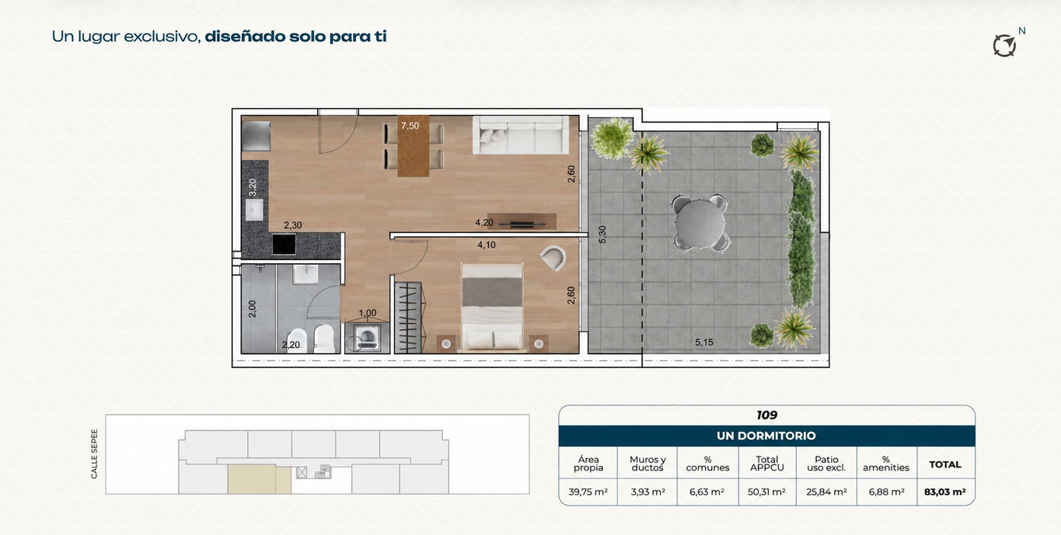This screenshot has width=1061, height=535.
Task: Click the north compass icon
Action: click(1004, 46)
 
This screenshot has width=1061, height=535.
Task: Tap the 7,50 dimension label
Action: click(410, 126)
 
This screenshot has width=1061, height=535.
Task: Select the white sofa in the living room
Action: click(521, 135)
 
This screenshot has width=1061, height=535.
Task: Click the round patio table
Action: click(700, 223)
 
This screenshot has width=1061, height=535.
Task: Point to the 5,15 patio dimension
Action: click(704, 342)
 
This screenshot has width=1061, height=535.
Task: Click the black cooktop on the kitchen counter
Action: click(284, 244)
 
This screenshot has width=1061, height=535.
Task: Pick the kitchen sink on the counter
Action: click(254, 210)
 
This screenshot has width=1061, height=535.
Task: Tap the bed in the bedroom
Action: click(492, 308)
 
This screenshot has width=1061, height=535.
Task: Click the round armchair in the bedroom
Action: click(553, 258)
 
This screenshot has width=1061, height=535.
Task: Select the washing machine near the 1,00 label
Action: click(367, 337)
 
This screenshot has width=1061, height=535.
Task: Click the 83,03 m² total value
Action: click(945, 492)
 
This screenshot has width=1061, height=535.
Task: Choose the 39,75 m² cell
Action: click(588, 492)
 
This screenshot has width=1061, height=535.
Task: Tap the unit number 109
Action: click(766, 415)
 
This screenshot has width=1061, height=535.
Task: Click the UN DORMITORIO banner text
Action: click(766, 436)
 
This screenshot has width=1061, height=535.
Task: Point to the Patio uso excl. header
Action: click(826, 464)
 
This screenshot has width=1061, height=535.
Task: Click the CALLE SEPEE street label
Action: click(94, 453)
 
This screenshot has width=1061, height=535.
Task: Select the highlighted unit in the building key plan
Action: click(259, 479)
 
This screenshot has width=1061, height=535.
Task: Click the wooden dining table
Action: click(414, 146)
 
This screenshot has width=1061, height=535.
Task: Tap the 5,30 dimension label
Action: click(602, 234)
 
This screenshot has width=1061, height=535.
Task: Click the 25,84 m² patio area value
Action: click(826, 492)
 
